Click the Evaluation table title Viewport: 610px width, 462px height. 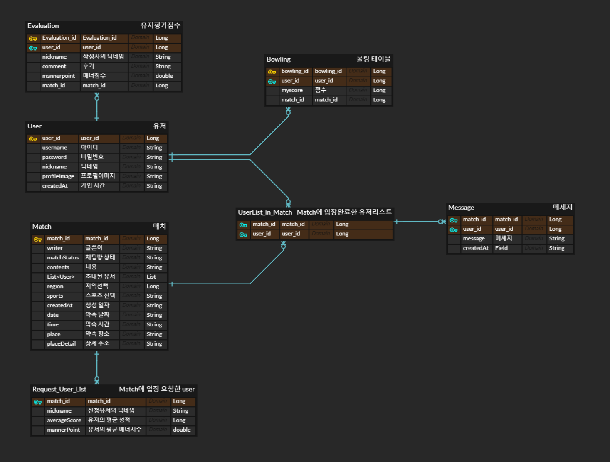(43, 26)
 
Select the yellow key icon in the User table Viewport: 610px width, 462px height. (33, 139)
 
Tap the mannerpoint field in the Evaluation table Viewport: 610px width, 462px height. (59, 76)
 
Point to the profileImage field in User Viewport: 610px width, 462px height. (58, 176)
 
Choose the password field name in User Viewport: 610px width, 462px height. (54, 157)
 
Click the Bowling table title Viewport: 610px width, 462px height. (279, 59)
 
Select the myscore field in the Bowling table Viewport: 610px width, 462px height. (292, 90)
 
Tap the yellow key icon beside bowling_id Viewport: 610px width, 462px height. (272, 72)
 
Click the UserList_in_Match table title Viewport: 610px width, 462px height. (265, 212)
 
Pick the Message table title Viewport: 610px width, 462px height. (461, 208)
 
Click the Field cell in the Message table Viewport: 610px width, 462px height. (501, 248)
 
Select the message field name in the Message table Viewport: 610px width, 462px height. (474, 239)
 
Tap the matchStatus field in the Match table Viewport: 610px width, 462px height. (63, 258)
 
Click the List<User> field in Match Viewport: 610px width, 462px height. (61, 277)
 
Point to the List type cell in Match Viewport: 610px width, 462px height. (151, 277)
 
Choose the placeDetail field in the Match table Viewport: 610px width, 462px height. (62, 344)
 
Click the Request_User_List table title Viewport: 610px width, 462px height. (59, 389)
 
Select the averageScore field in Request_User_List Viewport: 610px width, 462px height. (64, 420)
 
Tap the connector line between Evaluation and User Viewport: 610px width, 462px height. (97, 108)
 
